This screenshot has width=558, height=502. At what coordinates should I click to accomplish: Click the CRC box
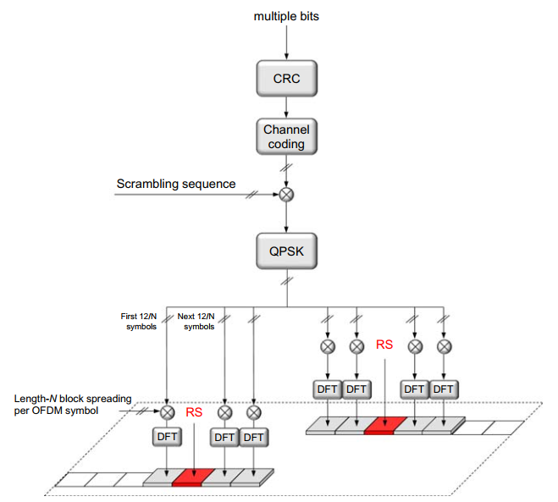[x=286, y=80]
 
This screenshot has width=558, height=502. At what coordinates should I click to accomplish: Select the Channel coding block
[x=286, y=136]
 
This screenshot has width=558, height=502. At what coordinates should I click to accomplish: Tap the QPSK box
[x=286, y=251]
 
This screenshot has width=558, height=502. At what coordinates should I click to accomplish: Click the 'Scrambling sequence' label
[x=175, y=184]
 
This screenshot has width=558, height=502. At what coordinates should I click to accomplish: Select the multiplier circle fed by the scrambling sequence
[x=286, y=195]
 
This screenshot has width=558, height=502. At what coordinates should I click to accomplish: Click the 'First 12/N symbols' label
[x=140, y=322]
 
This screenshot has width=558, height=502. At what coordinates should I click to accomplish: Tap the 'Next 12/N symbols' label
[x=196, y=322]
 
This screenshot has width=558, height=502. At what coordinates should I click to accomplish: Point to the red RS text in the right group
[x=384, y=345]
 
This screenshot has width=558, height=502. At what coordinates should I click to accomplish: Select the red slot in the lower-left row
[x=188, y=478]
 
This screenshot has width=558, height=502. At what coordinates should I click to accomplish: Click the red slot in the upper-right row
[x=382, y=426]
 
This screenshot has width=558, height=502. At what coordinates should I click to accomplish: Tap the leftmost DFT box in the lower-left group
[x=168, y=437]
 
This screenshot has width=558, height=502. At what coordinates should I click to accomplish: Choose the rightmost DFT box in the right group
[x=443, y=389]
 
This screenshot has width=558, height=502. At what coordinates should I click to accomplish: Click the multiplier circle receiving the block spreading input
[x=168, y=412]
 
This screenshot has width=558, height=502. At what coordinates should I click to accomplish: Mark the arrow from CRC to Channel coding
[x=286, y=108]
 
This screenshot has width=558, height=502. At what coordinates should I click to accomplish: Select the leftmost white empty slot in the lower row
[x=72, y=480]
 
